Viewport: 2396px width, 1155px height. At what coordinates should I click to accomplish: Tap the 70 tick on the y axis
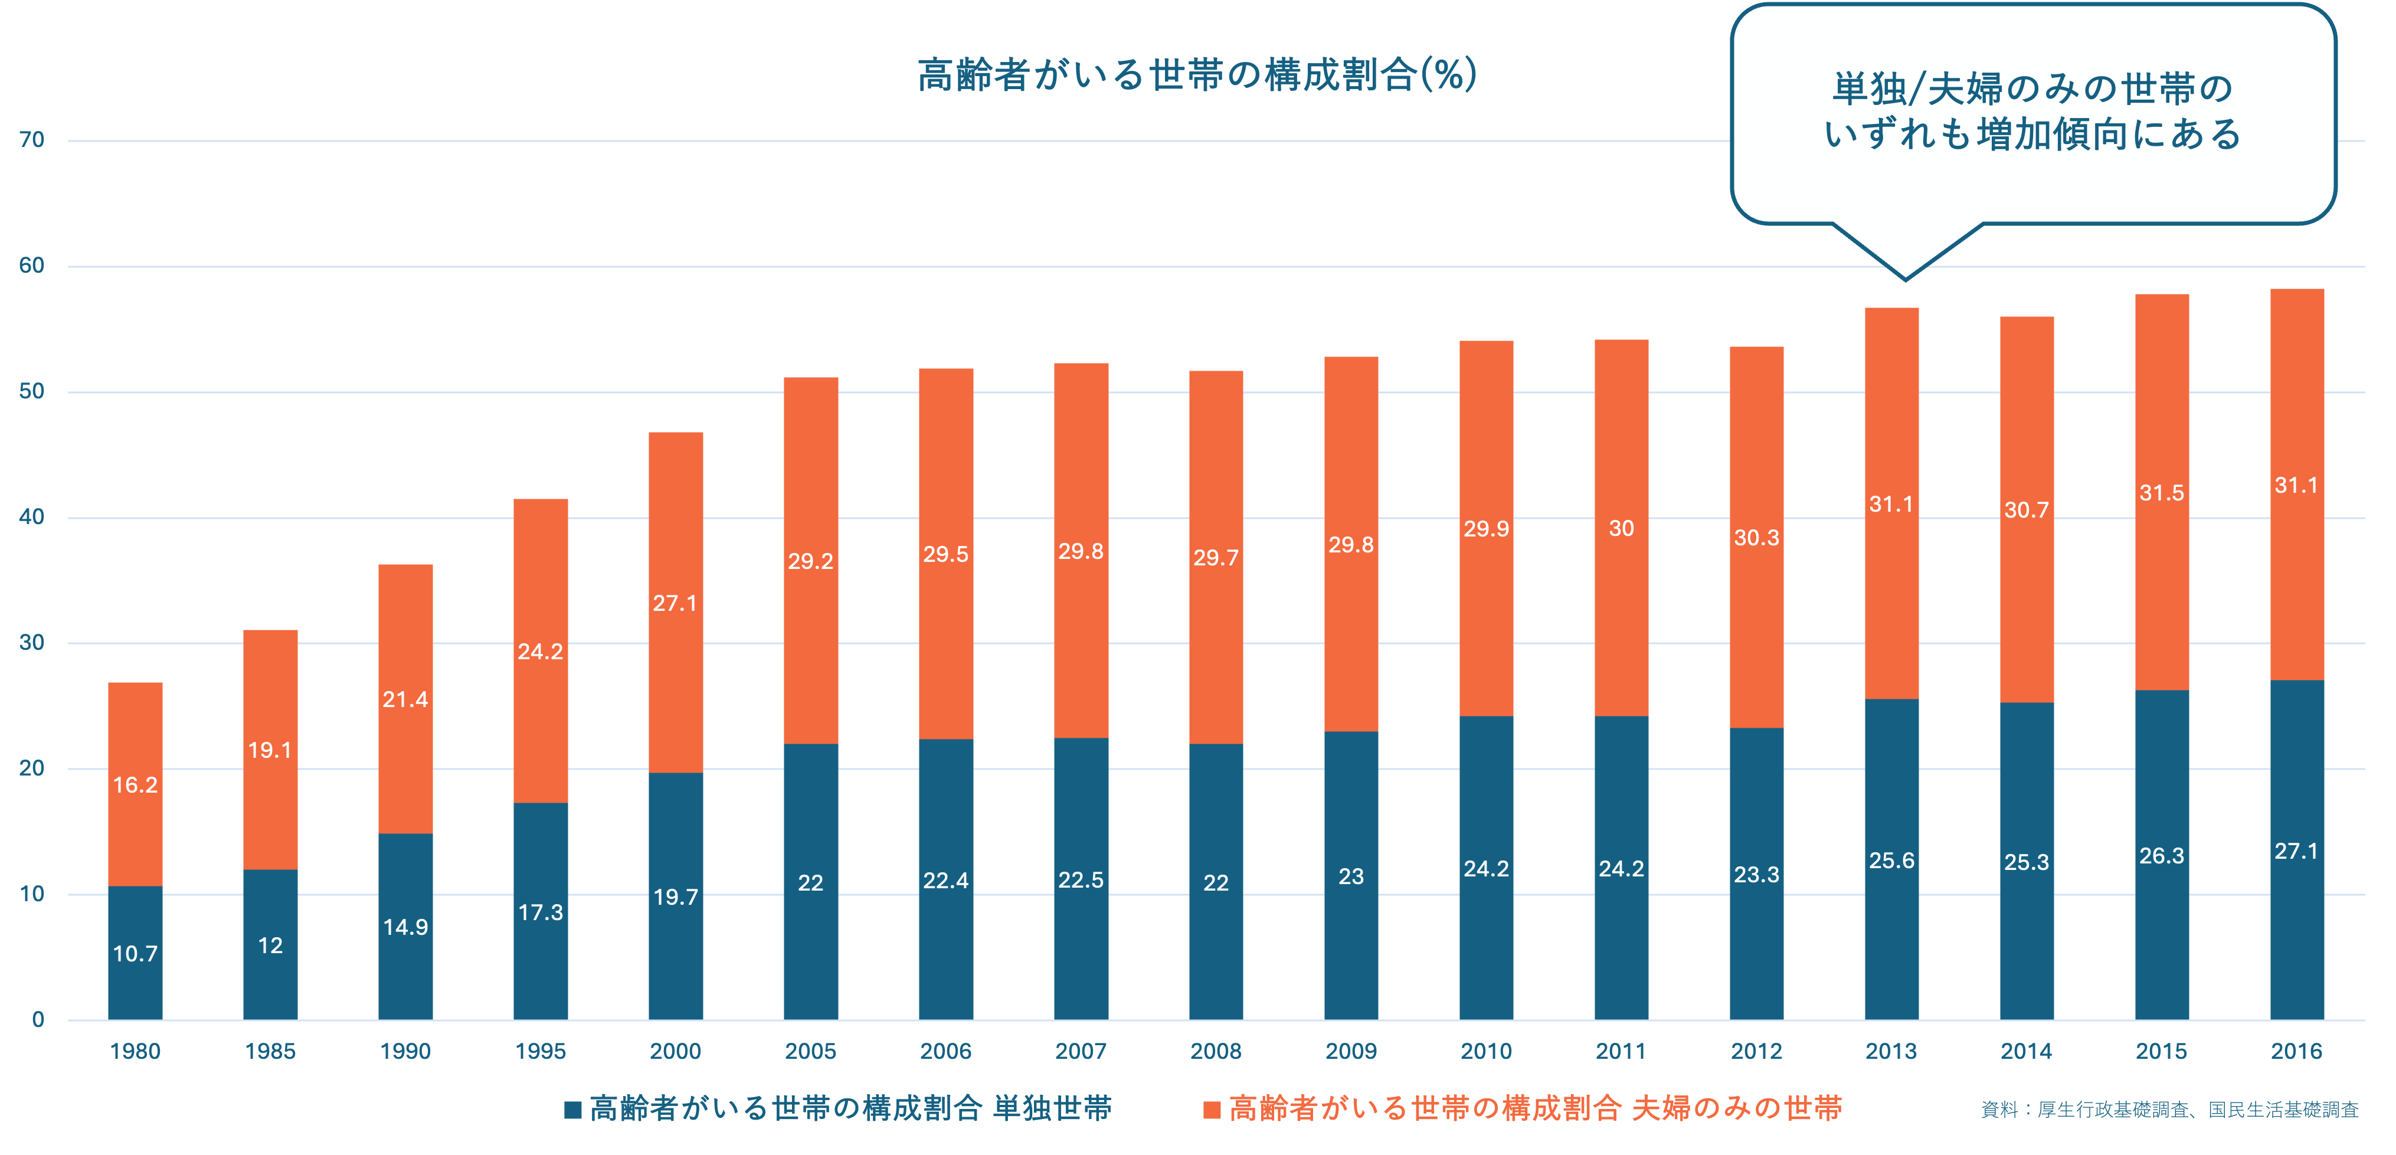pyautogui.click(x=32, y=140)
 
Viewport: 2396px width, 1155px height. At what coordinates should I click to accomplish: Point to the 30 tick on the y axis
pyautogui.click(x=32, y=643)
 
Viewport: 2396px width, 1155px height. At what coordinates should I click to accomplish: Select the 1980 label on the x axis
pyautogui.click(x=135, y=1052)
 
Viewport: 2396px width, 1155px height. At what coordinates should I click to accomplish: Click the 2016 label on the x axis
pyautogui.click(x=2296, y=1052)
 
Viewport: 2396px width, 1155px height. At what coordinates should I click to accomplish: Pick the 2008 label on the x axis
pyautogui.click(x=1216, y=1052)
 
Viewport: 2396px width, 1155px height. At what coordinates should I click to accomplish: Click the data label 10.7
pyautogui.click(x=135, y=953)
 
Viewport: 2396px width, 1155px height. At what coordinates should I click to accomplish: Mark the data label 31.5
pyautogui.click(x=2162, y=493)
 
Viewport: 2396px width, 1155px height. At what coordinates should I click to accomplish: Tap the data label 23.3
pyautogui.click(x=1756, y=874)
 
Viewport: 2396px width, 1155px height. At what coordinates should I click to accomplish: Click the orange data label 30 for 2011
pyautogui.click(x=1621, y=528)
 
